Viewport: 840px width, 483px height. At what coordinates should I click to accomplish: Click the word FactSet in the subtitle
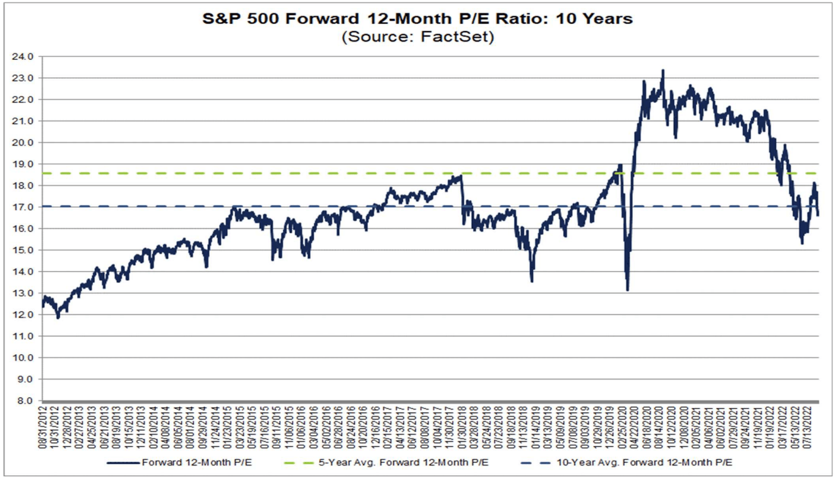click(460, 37)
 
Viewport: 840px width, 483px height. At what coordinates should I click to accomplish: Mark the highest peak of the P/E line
click(663, 70)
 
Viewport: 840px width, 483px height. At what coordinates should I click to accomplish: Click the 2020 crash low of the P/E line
click(627, 290)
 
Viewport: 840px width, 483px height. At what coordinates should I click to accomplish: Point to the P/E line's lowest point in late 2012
click(58, 318)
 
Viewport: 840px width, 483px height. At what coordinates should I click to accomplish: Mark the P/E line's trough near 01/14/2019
click(532, 281)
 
